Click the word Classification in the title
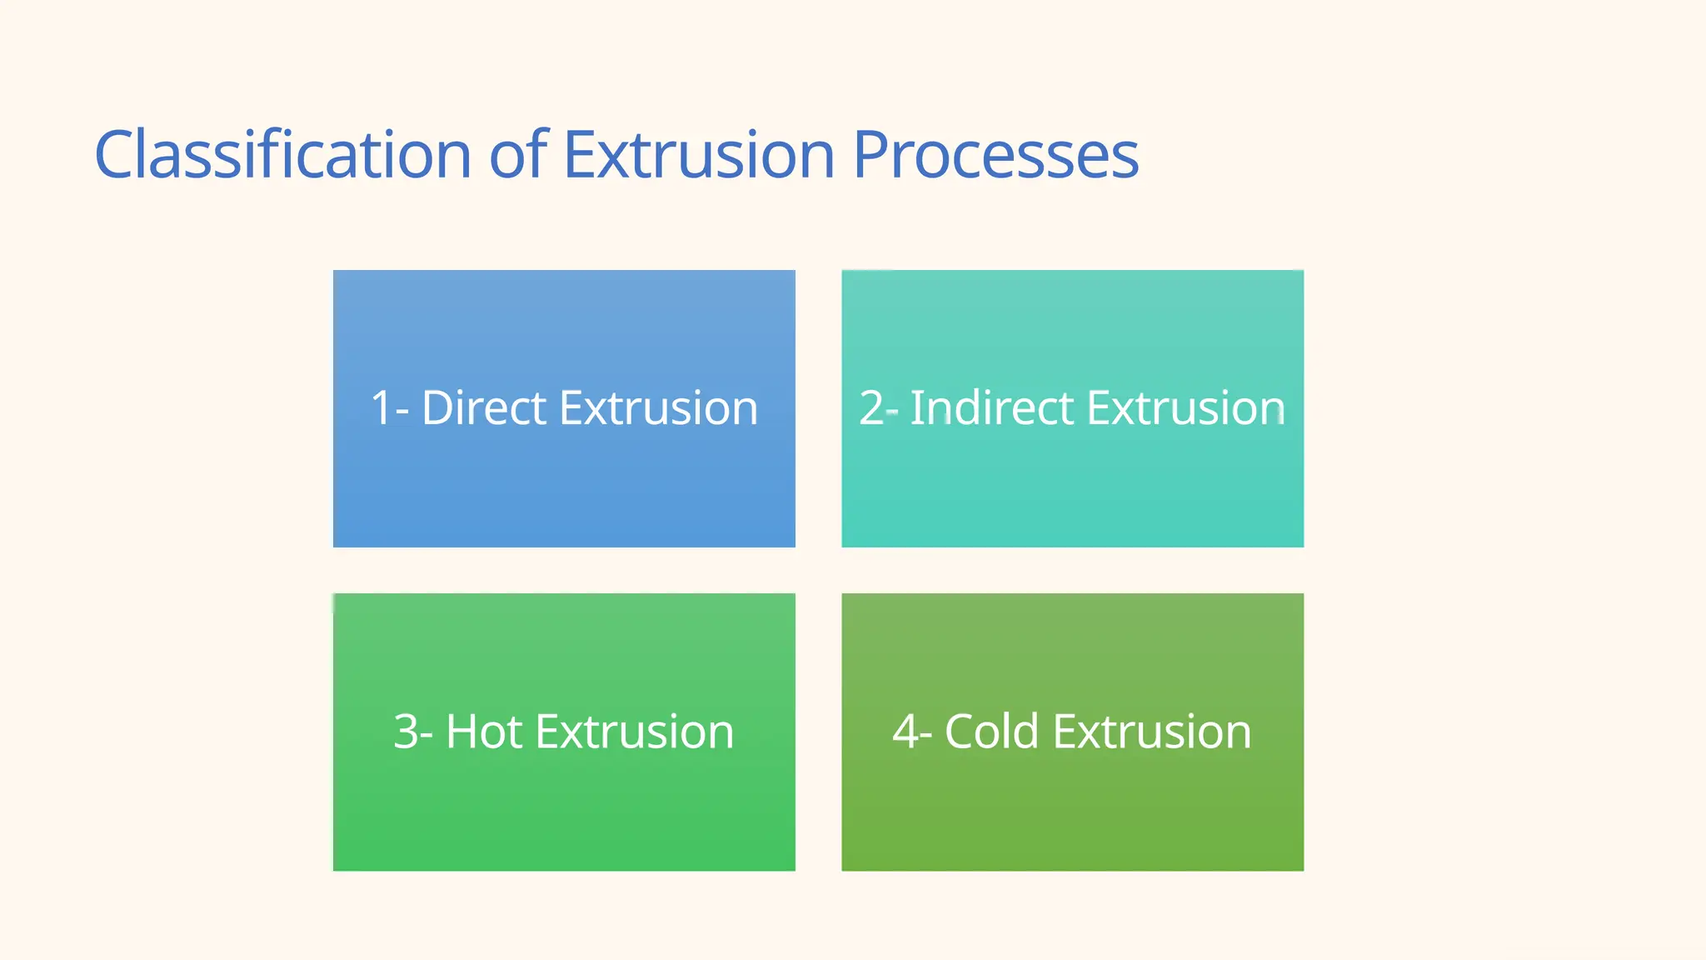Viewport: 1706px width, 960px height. click(283, 155)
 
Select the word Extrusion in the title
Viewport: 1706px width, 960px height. click(699, 155)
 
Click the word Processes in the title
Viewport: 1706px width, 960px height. click(995, 155)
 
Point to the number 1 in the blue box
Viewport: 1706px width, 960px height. click(381, 408)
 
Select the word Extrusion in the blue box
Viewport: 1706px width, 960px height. click(658, 408)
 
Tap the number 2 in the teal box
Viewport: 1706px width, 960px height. click(870, 408)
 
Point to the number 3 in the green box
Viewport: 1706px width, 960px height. click(405, 732)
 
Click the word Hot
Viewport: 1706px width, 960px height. click(484, 732)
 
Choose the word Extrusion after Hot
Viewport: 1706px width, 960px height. click(634, 732)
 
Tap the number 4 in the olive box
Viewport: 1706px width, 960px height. click(905, 732)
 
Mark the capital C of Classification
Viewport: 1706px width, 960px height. click(116, 155)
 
